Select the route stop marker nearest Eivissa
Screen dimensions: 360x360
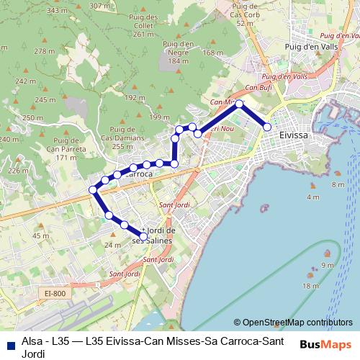(x=267, y=127)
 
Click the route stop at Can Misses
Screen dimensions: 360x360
(x=240, y=104)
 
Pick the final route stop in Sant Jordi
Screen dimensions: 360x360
(x=143, y=236)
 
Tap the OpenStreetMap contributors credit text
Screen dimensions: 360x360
(x=297, y=323)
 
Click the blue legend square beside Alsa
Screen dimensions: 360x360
(x=9, y=342)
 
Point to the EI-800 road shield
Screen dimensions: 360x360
(x=54, y=293)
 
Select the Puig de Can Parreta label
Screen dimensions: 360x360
(x=60, y=149)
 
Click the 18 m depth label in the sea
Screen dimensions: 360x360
(x=310, y=287)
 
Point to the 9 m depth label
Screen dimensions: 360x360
(x=328, y=266)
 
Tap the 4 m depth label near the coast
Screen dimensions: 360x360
(x=312, y=197)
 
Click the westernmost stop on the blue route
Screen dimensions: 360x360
(x=93, y=190)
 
